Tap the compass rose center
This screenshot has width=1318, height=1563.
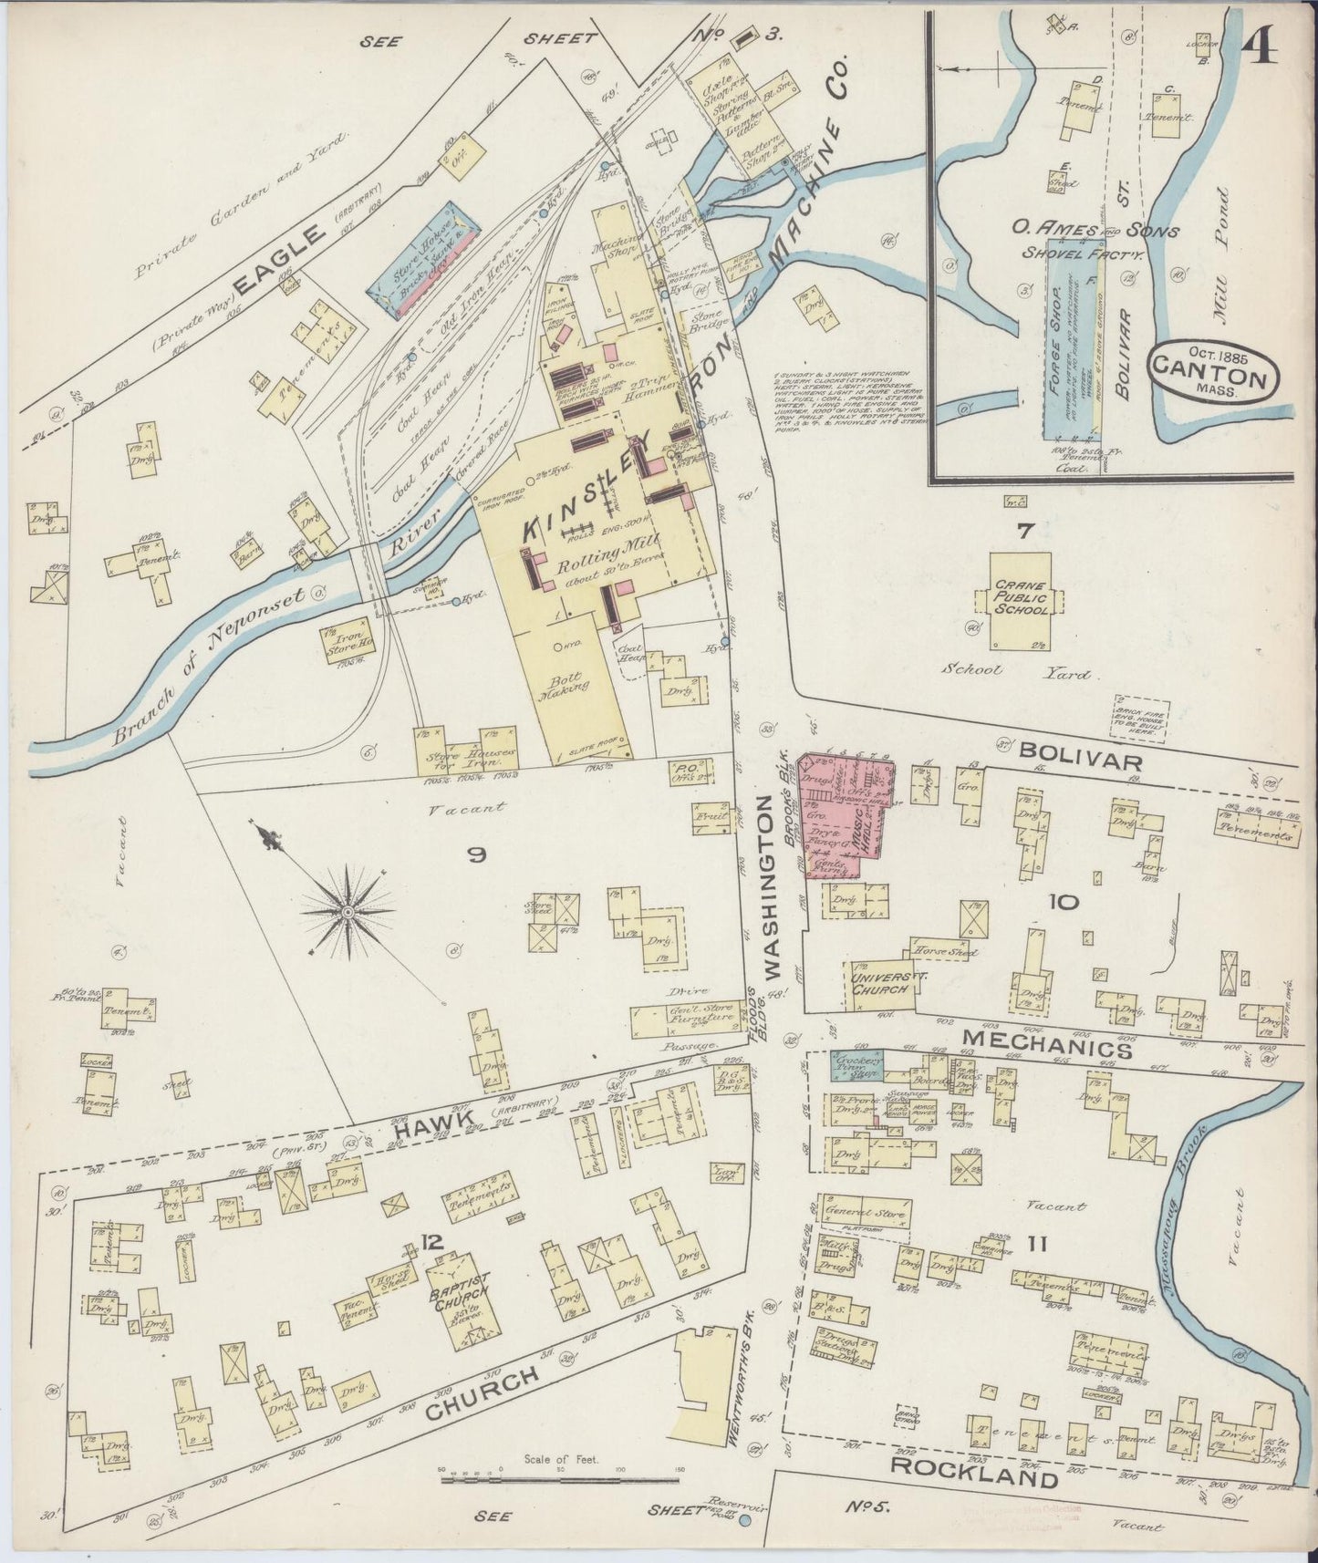tap(348, 911)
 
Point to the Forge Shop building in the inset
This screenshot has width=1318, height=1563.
tap(1064, 356)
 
